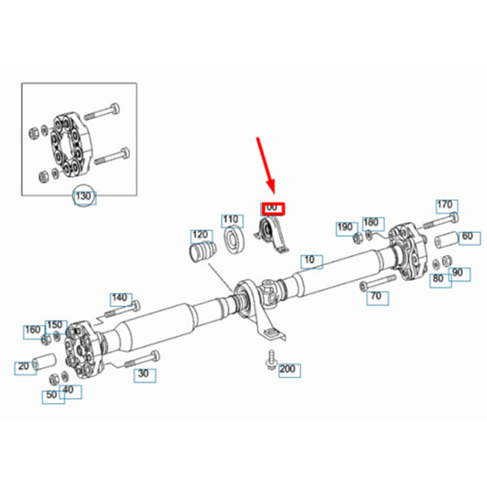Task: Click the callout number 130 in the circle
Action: pyautogui.click(x=84, y=197)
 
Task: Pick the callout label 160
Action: pyautogui.click(x=33, y=330)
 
